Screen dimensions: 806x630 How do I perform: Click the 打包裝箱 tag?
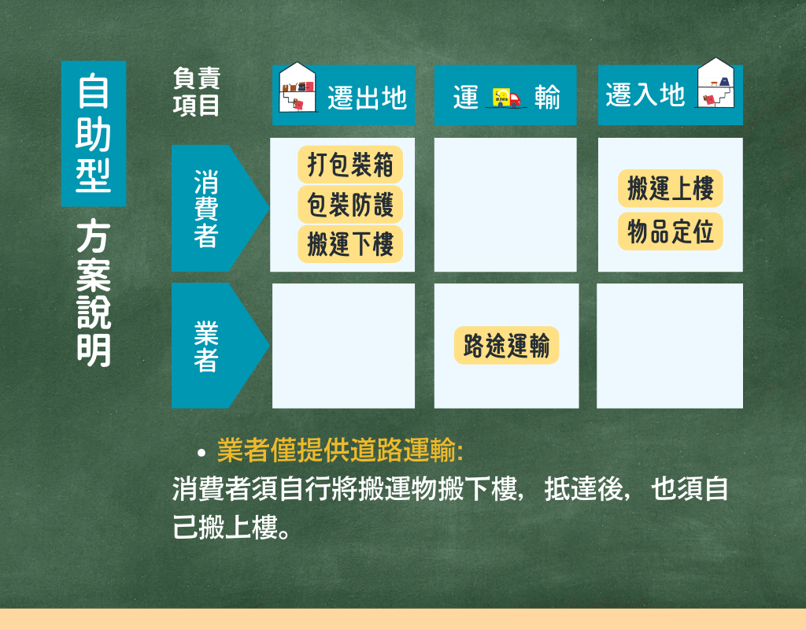point(350,165)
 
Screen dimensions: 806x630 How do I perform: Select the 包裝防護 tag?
point(350,205)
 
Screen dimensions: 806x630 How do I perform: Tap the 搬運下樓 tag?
point(350,244)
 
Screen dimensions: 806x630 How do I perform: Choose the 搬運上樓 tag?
point(671,188)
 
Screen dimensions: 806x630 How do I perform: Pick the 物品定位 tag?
point(671,232)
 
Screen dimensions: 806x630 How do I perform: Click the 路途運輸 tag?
point(506,345)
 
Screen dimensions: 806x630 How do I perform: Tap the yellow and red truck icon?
point(506,98)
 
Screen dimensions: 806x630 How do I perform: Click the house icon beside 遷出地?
point(297,87)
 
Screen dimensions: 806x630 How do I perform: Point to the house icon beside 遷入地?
point(715,83)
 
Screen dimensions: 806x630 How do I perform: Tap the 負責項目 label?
point(196,92)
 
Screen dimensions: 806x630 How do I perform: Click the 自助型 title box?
point(94,134)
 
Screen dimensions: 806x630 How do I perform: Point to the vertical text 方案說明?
point(94,293)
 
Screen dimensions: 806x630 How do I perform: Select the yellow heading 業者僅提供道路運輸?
point(340,450)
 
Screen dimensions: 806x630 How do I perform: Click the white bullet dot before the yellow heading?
point(201,453)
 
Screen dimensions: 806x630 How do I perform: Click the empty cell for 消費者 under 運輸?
point(505,205)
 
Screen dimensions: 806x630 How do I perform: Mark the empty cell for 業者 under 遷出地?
point(343,346)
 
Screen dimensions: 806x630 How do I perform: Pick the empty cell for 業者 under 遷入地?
point(670,346)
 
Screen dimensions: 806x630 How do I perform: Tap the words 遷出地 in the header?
point(367,98)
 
